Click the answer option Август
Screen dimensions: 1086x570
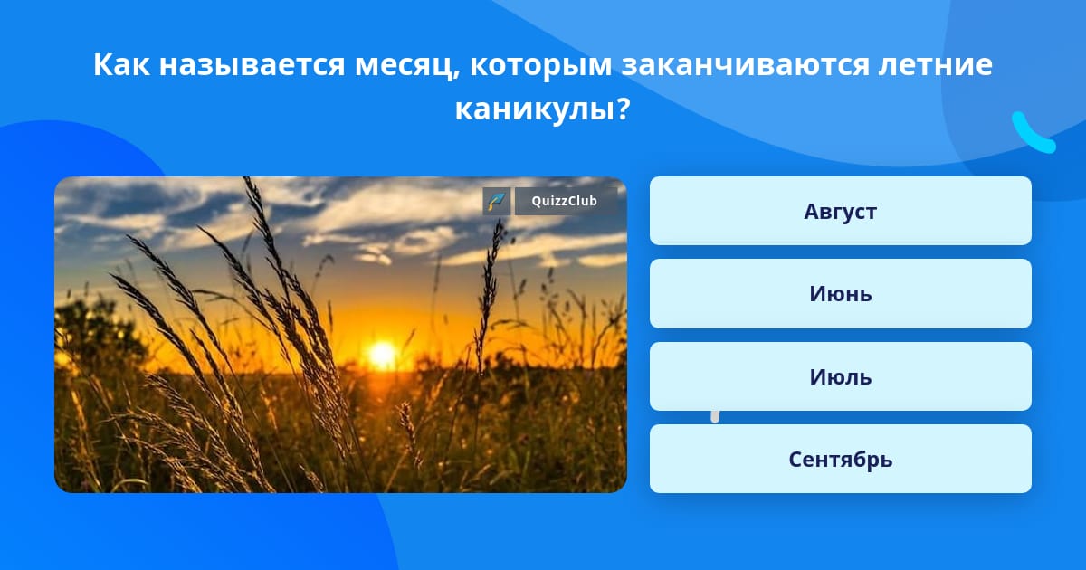(x=840, y=211)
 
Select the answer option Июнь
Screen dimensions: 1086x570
(x=840, y=294)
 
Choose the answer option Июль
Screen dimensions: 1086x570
(x=840, y=376)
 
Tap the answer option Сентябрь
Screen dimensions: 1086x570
(x=840, y=459)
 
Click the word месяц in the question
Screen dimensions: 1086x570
(x=404, y=65)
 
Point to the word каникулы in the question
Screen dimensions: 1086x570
(x=536, y=109)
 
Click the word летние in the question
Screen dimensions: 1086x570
(x=936, y=64)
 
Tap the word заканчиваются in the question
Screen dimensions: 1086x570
(x=746, y=65)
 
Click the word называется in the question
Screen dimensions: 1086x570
(x=252, y=65)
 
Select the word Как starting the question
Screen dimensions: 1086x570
(x=121, y=64)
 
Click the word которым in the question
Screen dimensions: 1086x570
(x=540, y=65)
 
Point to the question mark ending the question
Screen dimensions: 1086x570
(x=624, y=109)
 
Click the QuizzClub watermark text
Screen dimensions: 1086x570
(x=565, y=201)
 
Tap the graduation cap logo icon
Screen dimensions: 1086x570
(x=497, y=201)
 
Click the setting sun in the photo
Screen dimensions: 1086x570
(x=383, y=355)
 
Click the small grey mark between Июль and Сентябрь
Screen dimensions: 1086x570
(x=715, y=417)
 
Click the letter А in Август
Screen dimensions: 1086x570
(x=812, y=212)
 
